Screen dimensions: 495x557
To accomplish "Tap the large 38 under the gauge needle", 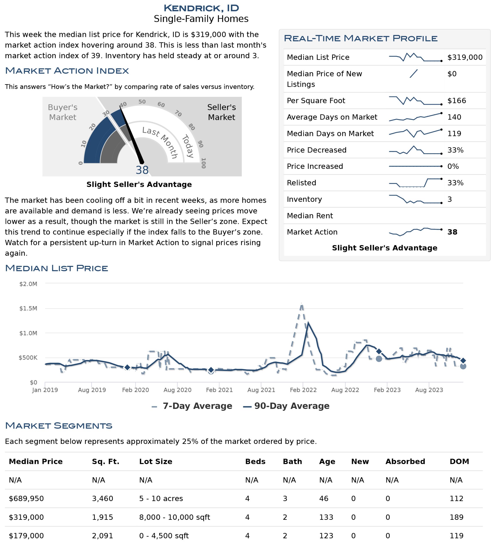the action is [x=142, y=170].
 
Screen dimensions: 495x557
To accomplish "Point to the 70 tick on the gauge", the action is [x=178, y=113].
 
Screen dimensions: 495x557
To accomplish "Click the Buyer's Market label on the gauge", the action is [x=62, y=112].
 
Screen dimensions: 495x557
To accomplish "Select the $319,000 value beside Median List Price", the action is [x=465, y=57].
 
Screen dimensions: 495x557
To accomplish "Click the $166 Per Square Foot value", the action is [x=456, y=101].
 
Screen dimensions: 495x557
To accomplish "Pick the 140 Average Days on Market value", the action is [x=454, y=117].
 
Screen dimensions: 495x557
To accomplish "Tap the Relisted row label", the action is [x=302, y=183].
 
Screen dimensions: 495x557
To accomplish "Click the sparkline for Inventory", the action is [x=415, y=199].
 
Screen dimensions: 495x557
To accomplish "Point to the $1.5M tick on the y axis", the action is [x=28, y=308].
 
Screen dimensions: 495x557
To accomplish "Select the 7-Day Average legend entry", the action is [x=192, y=406].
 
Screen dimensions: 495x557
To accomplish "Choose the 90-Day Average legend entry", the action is [x=286, y=406].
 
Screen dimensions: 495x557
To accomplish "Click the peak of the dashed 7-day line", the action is [x=302, y=304].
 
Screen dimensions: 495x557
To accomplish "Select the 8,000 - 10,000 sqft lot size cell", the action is [x=175, y=517].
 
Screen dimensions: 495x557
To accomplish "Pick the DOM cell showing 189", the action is [x=456, y=517].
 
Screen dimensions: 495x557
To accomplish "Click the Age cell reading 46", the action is [x=324, y=498].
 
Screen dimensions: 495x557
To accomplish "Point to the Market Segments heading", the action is [x=59, y=425].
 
